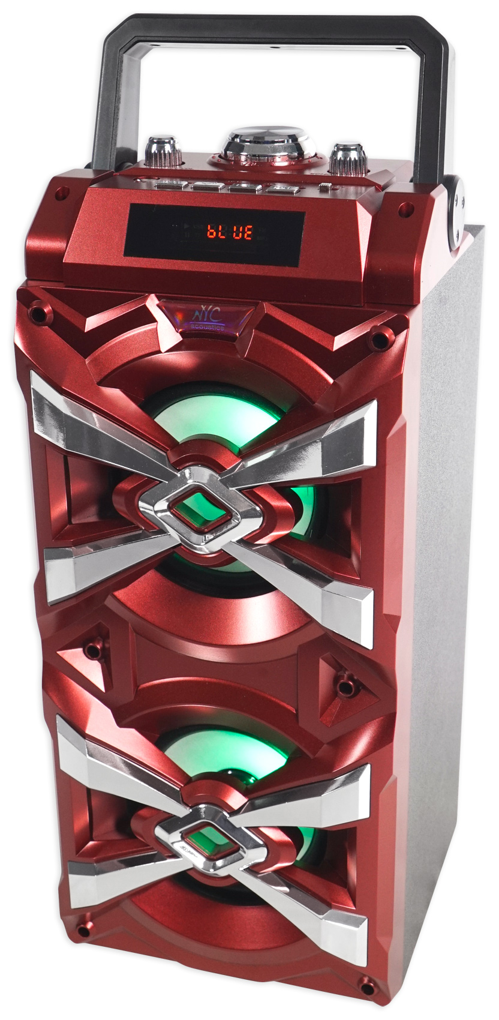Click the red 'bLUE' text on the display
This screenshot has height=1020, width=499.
pyautogui.click(x=230, y=232)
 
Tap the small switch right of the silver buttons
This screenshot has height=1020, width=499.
pyautogui.click(x=324, y=189)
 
